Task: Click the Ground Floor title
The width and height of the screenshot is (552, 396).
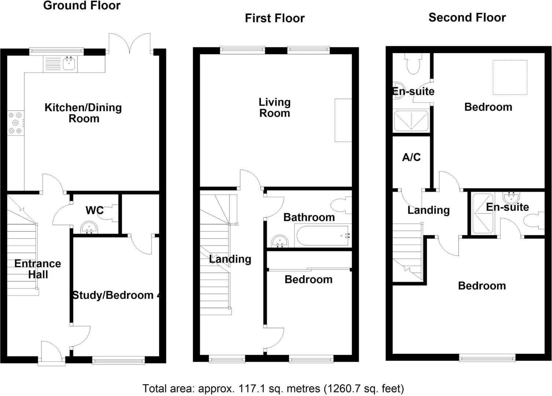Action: coord(82,6)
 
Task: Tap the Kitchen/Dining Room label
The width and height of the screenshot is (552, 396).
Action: coord(83,113)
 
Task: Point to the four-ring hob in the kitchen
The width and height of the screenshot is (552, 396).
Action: coord(15,122)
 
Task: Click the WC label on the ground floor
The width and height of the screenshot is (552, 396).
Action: coord(94,210)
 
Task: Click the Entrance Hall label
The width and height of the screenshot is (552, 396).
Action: coord(38,269)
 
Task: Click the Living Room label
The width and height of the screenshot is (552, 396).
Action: coord(274,107)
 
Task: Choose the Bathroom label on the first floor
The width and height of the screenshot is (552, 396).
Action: coord(309,217)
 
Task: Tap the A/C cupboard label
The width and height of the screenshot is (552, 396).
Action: coord(411,157)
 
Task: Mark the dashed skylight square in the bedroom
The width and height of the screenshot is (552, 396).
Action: coord(510,77)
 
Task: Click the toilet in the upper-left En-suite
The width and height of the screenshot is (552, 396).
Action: coord(413,64)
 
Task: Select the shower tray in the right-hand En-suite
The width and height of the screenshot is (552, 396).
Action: coord(483,213)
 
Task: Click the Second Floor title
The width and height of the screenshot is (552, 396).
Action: coord(467,18)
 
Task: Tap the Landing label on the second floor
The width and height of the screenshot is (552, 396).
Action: coord(428,210)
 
